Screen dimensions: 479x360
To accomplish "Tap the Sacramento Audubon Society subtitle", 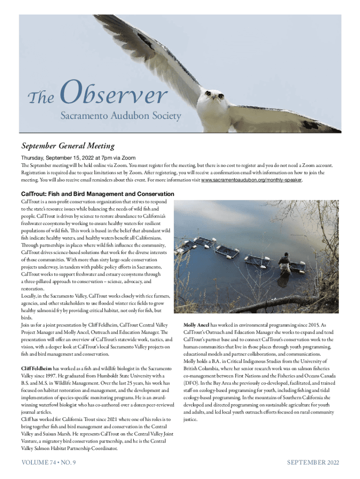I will (x=120, y=116).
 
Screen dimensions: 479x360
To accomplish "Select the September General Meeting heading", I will (x=68, y=146).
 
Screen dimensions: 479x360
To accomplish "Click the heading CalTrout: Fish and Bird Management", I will (x=98, y=194).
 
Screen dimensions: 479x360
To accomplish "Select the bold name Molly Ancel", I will (x=196, y=325).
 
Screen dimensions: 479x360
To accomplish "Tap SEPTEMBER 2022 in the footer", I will (x=312, y=463).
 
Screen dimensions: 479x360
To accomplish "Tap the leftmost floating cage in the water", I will (x=202, y=242).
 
